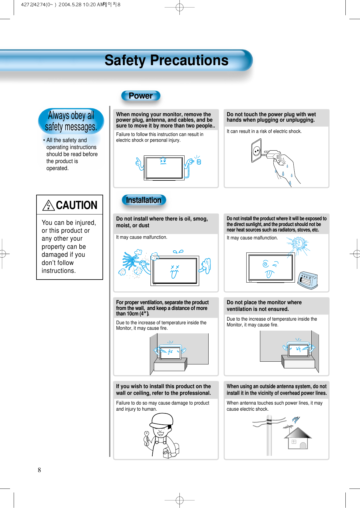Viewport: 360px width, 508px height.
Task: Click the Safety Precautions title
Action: click(166, 60)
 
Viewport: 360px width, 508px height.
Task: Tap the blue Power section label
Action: click(140, 96)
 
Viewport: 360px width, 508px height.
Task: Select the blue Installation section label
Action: click(144, 200)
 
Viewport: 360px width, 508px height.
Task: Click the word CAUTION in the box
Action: click(77, 205)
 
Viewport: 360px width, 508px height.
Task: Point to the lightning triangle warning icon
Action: click(49, 206)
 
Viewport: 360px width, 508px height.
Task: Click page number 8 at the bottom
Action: click(39, 470)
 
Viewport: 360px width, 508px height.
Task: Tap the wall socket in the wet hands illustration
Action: click(257, 151)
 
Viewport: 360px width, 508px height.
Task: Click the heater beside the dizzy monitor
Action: click(308, 280)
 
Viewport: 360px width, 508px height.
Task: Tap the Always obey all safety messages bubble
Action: click(71, 121)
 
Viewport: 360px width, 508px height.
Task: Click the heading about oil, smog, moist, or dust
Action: click(162, 222)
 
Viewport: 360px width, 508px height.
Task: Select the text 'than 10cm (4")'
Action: click(132, 314)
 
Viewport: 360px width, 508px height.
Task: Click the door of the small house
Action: click(303, 446)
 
